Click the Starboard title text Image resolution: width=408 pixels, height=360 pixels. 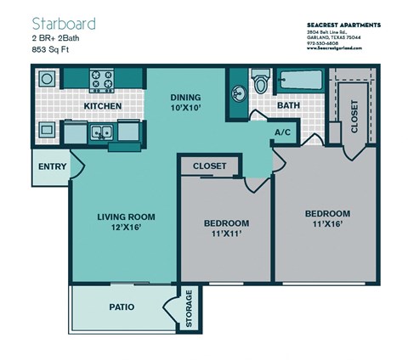click(64, 23)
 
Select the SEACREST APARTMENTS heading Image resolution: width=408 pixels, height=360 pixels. click(343, 25)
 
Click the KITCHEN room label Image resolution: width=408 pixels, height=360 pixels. click(102, 106)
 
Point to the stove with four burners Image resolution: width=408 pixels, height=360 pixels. click(102, 81)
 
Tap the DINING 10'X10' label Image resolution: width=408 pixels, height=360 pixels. click(185, 102)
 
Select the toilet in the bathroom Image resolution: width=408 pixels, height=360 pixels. click(261, 83)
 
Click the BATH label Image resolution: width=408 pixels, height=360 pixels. click(286, 106)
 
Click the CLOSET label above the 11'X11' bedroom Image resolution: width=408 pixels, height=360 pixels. click(210, 166)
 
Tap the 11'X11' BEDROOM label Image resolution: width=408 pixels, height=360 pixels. click(226, 228)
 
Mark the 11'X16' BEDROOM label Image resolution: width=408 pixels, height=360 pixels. click(327, 218)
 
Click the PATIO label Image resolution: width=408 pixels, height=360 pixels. click(123, 307)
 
